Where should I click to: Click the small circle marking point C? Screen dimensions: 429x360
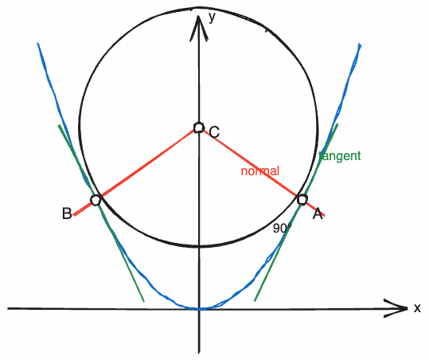click(199, 128)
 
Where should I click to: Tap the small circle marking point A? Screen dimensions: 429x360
click(302, 200)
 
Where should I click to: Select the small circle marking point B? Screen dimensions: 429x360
click(96, 200)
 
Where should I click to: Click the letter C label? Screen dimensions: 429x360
click(214, 132)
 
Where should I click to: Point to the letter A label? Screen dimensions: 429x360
click(318, 213)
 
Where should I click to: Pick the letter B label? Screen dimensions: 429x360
click(67, 213)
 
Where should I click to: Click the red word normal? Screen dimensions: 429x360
click(260, 171)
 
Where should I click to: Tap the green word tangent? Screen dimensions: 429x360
click(340, 156)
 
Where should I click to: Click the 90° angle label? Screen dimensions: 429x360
click(282, 229)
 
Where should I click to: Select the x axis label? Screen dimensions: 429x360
click(417, 308)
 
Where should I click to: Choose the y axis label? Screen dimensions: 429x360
click(212, 18)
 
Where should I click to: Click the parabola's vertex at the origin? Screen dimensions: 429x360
click(200, 309)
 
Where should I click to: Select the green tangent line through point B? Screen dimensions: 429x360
click(101, 213)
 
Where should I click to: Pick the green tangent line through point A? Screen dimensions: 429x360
click(296, 213)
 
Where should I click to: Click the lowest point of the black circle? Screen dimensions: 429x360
click(200, 246)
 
